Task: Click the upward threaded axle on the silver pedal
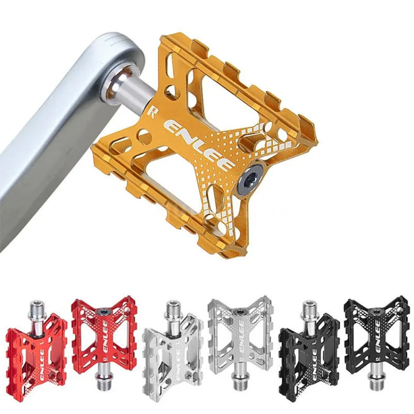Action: (172, 310)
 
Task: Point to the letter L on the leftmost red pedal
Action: (61, 331)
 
